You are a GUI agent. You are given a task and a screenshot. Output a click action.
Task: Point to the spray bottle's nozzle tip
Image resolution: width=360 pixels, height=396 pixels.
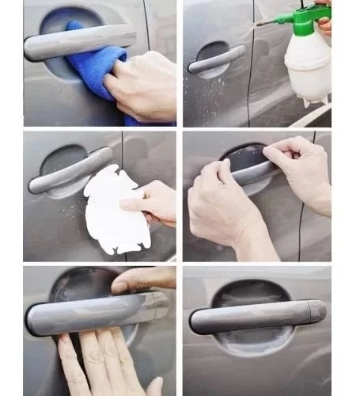pos(258,24)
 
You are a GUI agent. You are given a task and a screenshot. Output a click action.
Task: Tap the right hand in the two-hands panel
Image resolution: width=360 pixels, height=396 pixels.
pos(305,170)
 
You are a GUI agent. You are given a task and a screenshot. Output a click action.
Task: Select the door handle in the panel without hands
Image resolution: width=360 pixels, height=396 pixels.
pos(253,317)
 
